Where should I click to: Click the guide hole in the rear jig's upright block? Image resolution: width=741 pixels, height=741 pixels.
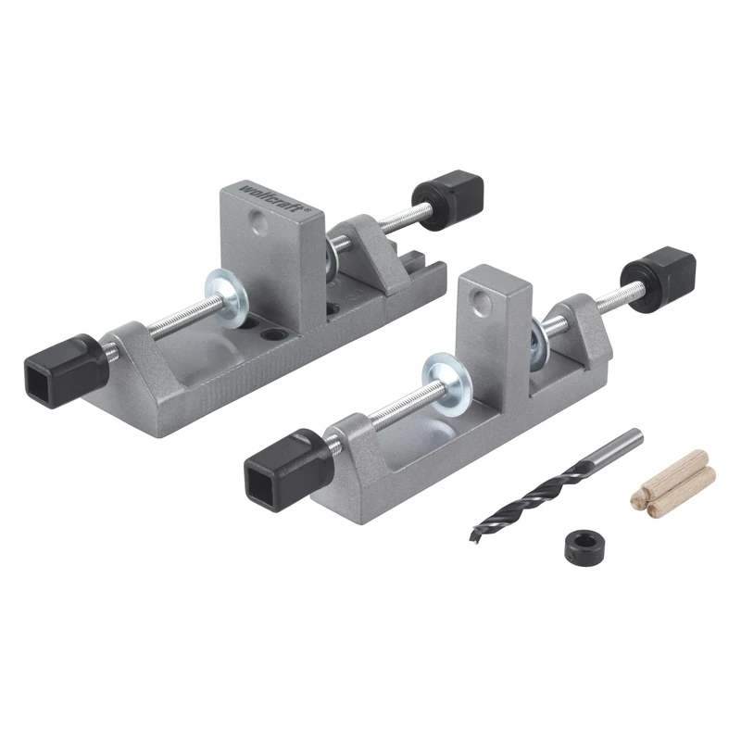tap(259, 222)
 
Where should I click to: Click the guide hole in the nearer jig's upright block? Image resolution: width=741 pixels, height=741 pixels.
tap(481, 302)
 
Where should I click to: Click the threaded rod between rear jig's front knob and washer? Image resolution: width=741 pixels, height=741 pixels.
tap(157, 323)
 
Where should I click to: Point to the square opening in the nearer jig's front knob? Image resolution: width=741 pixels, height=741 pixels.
tap(266, 479)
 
